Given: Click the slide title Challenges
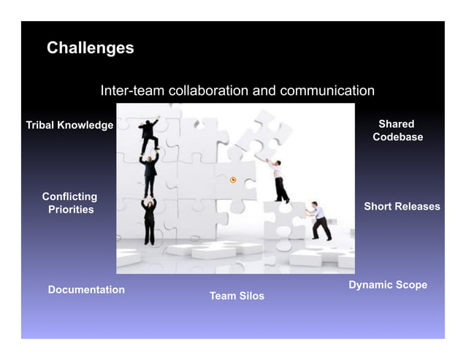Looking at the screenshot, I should coord(90,48).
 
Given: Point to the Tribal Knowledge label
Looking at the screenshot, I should coord(70,126).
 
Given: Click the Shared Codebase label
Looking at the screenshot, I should coord(397,131).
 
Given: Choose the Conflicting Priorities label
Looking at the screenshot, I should coord(70,203).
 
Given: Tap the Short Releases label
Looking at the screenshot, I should coord(402,207).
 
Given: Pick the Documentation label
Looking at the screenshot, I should coord(86,290).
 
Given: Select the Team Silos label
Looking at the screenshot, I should coord(237,296).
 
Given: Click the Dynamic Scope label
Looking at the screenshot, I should coord(388,285).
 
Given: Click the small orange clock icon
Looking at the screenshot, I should coord(233,180).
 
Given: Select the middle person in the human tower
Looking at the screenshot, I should coord(150,172).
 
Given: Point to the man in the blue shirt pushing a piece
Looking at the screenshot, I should coord(319,221).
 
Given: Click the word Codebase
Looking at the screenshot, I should coord(397,137).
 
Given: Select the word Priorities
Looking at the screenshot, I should coord(71,210).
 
